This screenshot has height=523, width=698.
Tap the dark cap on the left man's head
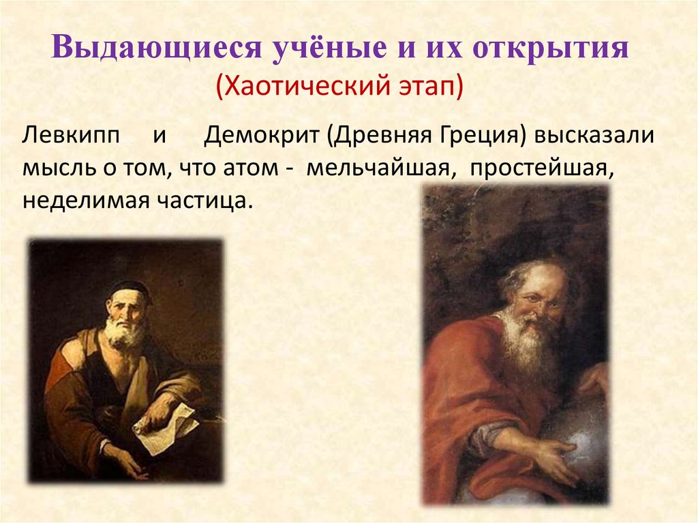(x=129, y=289)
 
